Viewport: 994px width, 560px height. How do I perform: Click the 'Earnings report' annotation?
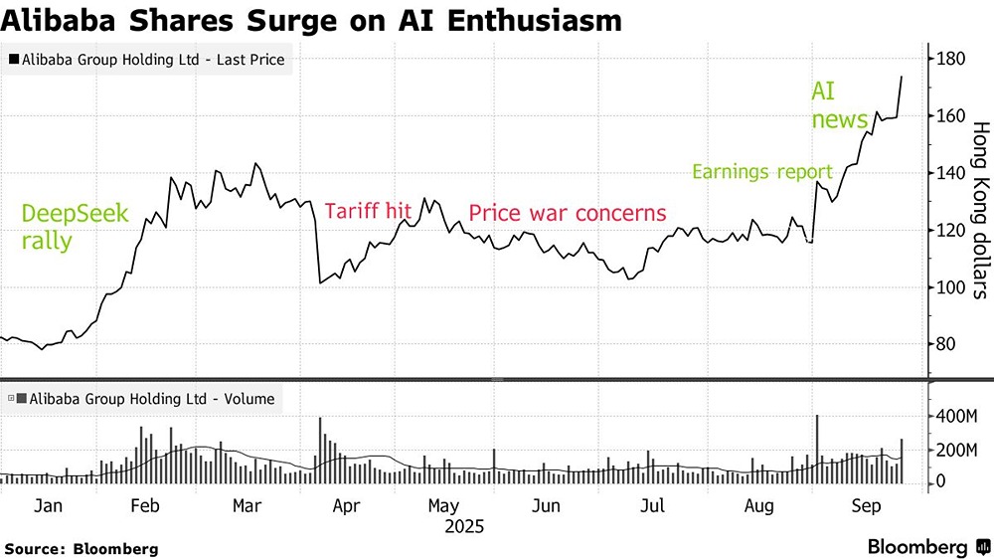[x=761, y=171]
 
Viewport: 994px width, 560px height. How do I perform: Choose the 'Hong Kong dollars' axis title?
[x=979, y=210]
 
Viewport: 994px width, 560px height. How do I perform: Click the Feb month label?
[x=145, y=505]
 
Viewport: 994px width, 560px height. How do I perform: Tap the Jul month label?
[x=652, y=505]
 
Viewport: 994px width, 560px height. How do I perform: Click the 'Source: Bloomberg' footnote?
[x=82, y=548]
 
